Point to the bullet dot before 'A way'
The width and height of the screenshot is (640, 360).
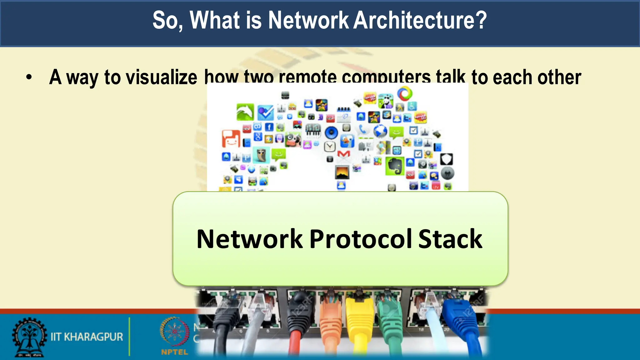click(x=29, y=77)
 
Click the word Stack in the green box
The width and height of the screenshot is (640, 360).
click(x=450, y=239)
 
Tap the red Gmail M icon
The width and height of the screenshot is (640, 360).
click(x=343, y=154)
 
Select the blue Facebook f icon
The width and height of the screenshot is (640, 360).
click(x=269, y=127)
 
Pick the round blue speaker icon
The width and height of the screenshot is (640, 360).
click(x=331, y=132)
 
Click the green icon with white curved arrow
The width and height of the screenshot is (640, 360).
click(x=245, y=112)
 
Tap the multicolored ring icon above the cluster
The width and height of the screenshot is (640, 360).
click(x=405, y=94)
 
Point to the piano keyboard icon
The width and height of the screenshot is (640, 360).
click(x=313, y=130)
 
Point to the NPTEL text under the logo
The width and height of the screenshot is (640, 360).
click(x=174, y=352)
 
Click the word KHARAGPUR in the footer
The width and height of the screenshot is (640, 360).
click(x=93, y=337)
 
